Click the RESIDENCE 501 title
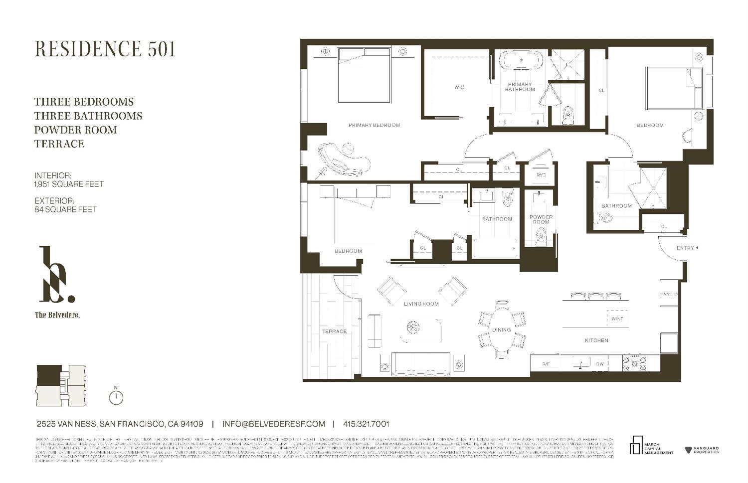point(105,49)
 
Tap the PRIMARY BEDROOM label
point(374,125)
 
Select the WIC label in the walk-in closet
point(459,87)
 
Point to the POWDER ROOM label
point(541,219)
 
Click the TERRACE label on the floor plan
point(334,331)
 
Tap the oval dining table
point(502,329)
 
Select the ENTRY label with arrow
point(687,248)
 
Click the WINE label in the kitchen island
point(617,319)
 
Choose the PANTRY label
point(669,294)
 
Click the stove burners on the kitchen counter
point(634,362)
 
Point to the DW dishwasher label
point(600,364)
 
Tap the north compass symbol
point(116,397)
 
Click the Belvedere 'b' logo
point(56,275)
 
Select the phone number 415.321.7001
point(366,424)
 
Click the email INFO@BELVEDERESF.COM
point(273,424)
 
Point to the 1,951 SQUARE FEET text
point(69,184)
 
